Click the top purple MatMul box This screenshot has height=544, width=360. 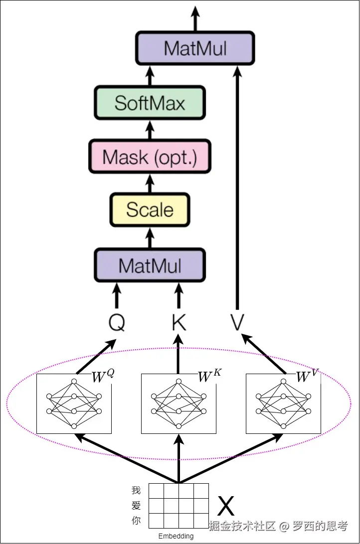(x=195, y=48)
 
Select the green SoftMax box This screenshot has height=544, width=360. (x=150, y=103)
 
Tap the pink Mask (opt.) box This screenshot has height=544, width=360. (x=150, y=156)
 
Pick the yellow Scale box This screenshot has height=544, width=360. (x=150, y=210)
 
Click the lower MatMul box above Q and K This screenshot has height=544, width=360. (x=150, y=265)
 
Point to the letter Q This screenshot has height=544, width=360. (x=117, y=323)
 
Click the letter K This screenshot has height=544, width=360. (x=179, y=323)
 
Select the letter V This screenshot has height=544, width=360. (x=237, y=322)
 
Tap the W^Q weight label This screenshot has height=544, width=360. (x=103, y=376)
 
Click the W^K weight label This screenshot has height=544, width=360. (x=209, y=376)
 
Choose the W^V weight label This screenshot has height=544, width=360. (x=307, y=376)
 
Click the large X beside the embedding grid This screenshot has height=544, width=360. (x=226, y=506)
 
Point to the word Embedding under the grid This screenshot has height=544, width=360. (x=176, y=536)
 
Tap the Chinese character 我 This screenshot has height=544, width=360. (x=136, y=490)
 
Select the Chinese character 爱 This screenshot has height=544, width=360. (x=136, y=506)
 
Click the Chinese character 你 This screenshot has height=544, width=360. (x=136, y=521)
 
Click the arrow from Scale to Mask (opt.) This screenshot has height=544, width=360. (x=150, y=183)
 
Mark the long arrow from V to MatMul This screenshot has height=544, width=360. (x=237, y=188)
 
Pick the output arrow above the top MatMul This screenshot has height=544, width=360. (x=195, y=18)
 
